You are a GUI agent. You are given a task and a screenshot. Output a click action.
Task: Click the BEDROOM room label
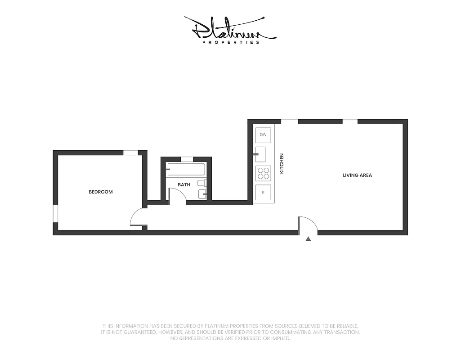pos(100,192)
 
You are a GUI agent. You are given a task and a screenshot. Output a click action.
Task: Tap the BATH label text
pos(184,184)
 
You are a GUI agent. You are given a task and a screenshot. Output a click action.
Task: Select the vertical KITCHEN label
pos(282,163)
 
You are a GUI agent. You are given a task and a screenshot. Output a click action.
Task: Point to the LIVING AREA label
pos(357,175)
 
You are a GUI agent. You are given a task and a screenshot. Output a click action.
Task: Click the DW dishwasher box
pos(263,135)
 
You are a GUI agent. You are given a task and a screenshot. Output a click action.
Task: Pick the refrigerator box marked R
pos(263,192)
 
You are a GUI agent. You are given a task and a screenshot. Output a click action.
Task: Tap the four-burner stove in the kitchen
pos(263,173)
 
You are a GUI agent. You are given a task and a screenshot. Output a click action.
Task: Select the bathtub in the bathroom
pos(186,170)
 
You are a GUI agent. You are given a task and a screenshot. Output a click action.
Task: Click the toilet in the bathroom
pos(202,183)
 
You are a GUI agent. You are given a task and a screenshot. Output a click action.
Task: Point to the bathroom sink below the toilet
pos(202,194)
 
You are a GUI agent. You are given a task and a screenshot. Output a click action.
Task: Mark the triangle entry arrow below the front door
pos(308,239)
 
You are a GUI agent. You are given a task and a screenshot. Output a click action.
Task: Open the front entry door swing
pos(307,225)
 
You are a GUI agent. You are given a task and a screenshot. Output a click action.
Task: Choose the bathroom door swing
pos(177,196)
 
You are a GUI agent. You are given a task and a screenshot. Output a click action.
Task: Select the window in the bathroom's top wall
pos(187,159)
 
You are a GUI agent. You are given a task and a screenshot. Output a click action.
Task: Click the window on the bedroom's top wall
pos(131,153)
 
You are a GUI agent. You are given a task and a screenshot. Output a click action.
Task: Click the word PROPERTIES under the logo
pos(230,42)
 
